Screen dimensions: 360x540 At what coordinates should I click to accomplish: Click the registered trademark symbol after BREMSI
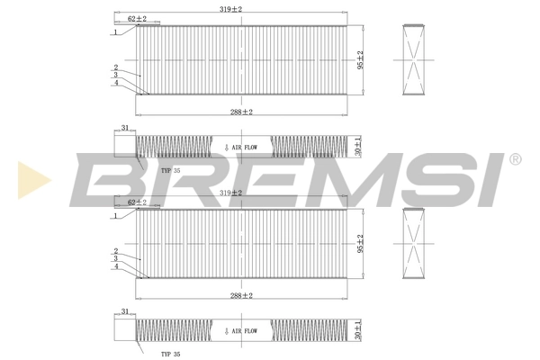[x=514, y=160]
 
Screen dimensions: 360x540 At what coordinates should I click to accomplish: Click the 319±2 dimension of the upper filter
[x=232, y=8]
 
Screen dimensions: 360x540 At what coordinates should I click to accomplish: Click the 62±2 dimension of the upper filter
[x=138, y=18]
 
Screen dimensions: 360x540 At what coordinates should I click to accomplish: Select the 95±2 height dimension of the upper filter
[x=361, y=59]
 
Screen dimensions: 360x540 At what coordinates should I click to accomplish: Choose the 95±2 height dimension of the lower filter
[x=361, y=243]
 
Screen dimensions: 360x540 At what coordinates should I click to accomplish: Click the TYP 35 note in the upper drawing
[x=171, y=170]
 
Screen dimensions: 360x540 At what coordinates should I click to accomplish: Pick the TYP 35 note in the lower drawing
[x=171, y=354]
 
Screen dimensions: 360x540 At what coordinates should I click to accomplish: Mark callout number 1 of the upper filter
[x=116, y=32]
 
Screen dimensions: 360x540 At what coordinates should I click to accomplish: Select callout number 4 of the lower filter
[x=116, y=267]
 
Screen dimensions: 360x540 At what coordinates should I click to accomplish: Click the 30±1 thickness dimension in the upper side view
[x=358, y=147]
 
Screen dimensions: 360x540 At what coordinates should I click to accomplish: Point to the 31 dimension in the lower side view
[x=125, y=312]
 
